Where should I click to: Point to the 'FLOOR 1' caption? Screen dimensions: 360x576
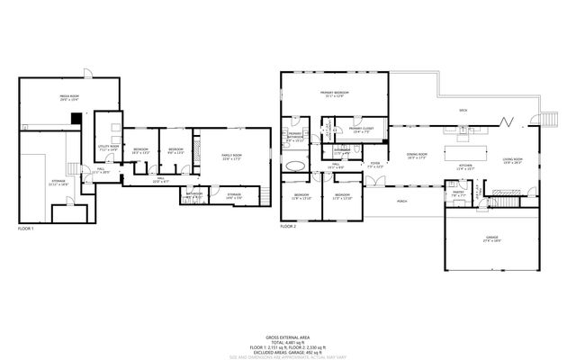tap(25, 229)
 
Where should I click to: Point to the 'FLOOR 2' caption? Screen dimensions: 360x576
tap(288, 226)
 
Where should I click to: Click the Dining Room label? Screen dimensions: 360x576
tap(416, 156)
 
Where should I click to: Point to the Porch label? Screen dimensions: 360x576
tap(401, 202)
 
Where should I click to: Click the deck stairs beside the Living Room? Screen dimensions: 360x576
tap(549, 121)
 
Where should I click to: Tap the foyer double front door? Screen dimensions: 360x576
tap(378, 180)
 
